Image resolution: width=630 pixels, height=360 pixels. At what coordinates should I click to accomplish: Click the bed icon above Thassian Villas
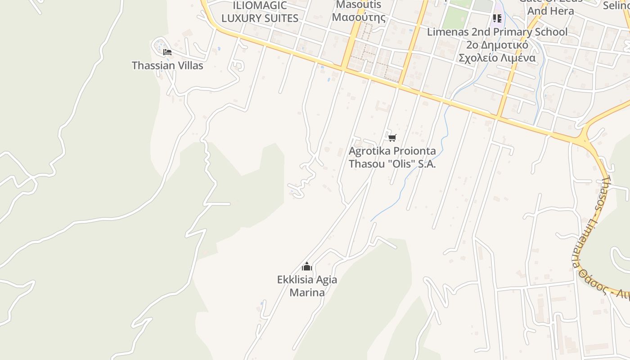tap(167, 52)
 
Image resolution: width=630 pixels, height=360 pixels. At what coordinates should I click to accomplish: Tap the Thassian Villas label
tap(167, 66)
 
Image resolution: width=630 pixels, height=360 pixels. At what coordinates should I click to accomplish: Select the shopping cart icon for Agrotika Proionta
tap(392, 138)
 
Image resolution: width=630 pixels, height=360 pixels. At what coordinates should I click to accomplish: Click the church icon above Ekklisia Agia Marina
tap(307, 267)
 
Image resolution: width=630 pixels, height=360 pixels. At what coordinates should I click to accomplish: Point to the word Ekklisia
tap(295, 280)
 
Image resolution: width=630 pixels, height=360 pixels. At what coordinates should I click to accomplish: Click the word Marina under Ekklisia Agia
tap(307, 292)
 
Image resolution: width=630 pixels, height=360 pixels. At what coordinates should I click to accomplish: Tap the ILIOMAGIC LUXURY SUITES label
tap(260, 12)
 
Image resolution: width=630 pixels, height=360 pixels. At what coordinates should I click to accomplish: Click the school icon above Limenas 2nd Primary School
tap(497, 18)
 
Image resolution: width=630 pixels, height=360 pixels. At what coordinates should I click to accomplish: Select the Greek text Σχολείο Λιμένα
tap(497, 58)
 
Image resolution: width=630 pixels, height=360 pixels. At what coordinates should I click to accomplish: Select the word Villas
tap(189, 66)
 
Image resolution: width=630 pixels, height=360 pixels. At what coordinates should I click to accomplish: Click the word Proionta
tap(408, 151)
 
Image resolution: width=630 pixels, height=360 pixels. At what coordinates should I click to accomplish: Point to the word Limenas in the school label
tap(446, 32)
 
